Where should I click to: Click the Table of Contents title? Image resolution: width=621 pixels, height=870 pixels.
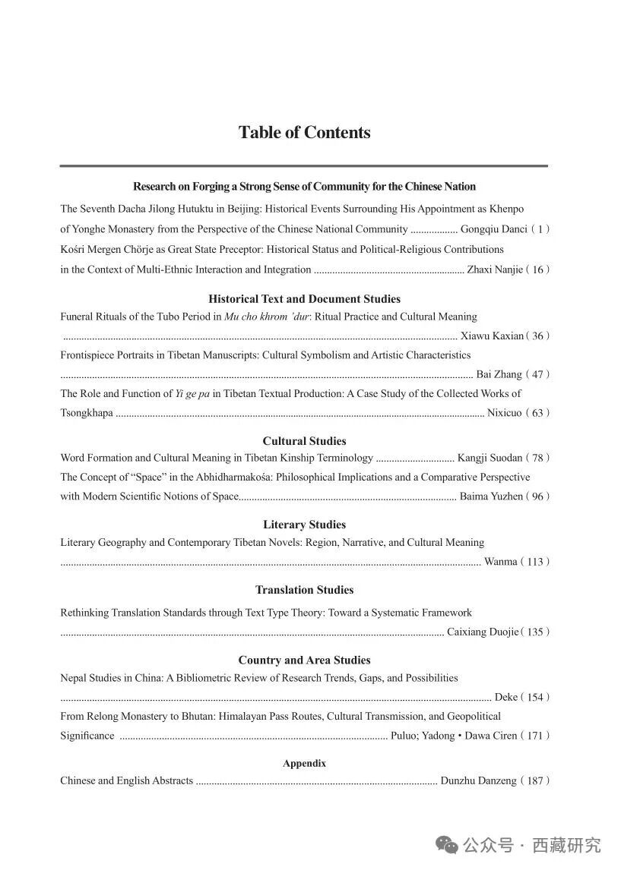tap(304, 133)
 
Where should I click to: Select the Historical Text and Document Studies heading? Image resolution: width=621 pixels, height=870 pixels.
tap(304, 299)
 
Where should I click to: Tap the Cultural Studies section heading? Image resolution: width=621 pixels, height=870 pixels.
tap(304, 441)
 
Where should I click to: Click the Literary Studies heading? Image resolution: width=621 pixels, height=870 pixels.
tap(304, 525)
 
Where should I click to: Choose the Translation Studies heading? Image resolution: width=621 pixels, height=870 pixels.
tap(304, 590)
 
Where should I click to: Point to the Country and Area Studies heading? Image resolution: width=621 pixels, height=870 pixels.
tap(304, 660)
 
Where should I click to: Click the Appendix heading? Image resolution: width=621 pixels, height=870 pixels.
tap(304, 764)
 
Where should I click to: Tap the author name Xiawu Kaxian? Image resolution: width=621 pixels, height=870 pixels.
tap(492, 336)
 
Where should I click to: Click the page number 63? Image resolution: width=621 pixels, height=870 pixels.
tap(538, 414)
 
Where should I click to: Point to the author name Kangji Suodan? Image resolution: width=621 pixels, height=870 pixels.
tap(490, 459)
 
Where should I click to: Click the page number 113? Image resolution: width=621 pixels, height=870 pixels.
tap(535, 563)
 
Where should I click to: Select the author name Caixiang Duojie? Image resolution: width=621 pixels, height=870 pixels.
tap(482, 632)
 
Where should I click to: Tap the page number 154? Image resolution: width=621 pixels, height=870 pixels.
tap(535, 698)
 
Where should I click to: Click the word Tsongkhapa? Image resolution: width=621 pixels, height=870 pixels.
tap(87, 414)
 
